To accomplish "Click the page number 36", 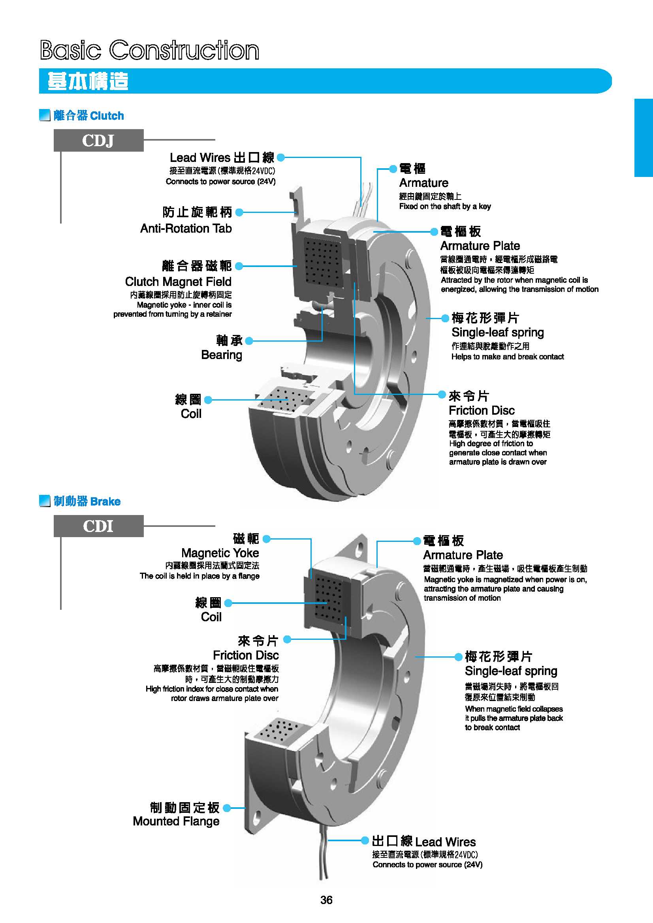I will [x=326, y=900].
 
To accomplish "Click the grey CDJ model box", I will [x=98, y=140].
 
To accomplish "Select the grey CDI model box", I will [x=98, y=526].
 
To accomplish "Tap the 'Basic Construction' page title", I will [x=150, y=50].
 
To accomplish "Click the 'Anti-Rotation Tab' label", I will [x=186, y=228].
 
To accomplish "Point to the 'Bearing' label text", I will [x=222, y=355].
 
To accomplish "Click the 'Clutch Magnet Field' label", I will [x=178, y=281].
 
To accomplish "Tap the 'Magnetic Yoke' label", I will [x=220, y=553].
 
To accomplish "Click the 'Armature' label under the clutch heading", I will [x=423, y=183].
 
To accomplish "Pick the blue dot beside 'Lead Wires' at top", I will [x=280, y=158].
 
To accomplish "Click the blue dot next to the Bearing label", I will [x=249, y=341].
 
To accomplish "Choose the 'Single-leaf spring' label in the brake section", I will [x=511, y=671].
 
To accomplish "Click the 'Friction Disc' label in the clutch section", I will [x=481, y=410].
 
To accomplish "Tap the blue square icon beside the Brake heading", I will [x=44, y=501].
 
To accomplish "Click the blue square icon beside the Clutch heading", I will [x=44, y=115].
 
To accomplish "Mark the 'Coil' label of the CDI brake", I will [x=211, y=617].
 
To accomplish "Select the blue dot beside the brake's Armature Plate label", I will [x=417, y=541].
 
